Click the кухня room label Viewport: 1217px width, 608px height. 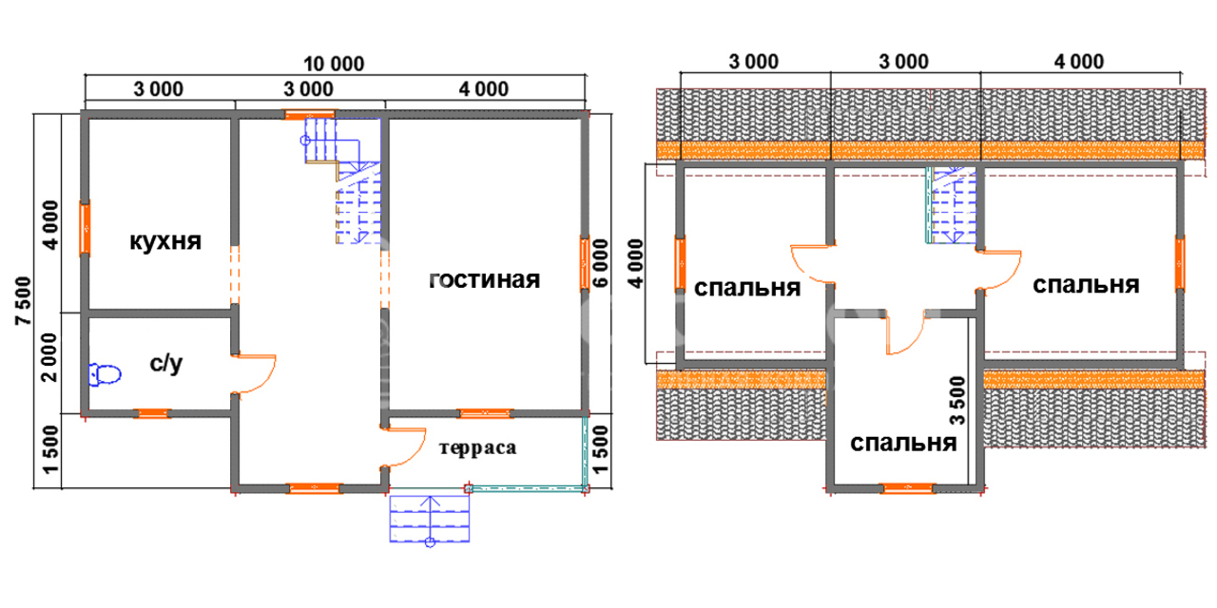[x=165, y=241]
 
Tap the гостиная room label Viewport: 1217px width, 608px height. [x=485, y=279]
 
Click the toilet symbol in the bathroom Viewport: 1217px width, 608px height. [x=105, y=375]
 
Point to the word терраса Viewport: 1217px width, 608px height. [x=478, y=448]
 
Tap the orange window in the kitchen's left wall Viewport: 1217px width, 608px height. [x=86, y=228]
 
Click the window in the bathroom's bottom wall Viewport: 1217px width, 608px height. [x=151, y=413]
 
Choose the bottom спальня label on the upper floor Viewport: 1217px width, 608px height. [x=902, y=444]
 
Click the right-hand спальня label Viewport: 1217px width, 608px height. [x=1086, y=285]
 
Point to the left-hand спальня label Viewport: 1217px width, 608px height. [x=747, y=287]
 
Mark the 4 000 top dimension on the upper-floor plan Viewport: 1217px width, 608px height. [x=1078, y=63]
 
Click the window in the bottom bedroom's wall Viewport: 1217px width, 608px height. [x=907, y=488]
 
